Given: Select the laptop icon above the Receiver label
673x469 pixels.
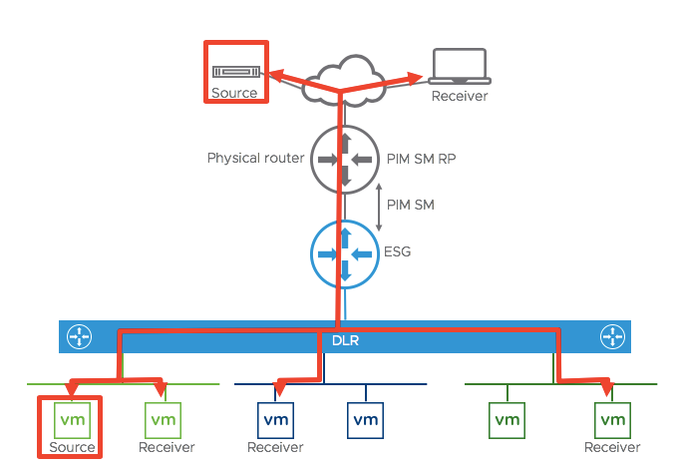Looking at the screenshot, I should click(x=459, y=67).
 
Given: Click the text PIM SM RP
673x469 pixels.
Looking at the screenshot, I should click(x=419, y=159).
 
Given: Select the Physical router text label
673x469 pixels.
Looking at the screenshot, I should click(x=255, y=159).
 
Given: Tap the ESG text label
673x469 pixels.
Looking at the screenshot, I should click(x=398, y=252).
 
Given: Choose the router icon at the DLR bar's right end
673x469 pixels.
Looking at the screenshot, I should click(x=609, y=337).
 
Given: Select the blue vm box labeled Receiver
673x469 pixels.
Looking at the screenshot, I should click(x=274, y=419).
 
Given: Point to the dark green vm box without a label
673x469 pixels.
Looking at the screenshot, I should click(x=507, y=419).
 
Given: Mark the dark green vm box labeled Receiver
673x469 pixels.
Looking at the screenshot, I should click(x=612, y=419).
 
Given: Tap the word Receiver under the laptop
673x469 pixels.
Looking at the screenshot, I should click(x=460, y=97).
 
